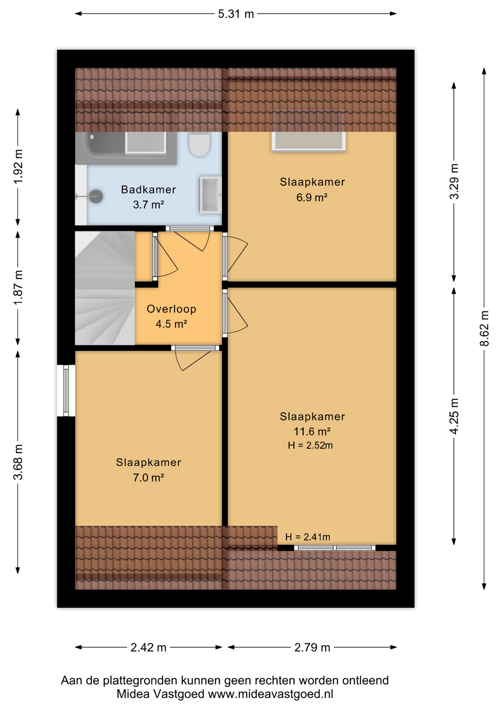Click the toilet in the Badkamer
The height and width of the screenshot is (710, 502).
click(200, 144)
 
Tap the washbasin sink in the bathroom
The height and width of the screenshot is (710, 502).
click(210, 195)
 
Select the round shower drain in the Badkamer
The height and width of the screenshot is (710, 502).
click(96, 196)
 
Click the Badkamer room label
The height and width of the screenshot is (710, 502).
click(148, 189)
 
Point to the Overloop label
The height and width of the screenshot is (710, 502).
click(171, 309)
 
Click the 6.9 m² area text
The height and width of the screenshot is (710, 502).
click(312, 197)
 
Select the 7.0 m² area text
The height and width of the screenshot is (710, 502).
click(148, 477)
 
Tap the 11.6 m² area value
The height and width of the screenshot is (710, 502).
click(312, 431)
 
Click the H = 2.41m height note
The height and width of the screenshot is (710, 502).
click(308, 537)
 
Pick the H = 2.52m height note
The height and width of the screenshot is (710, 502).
click(310, 445)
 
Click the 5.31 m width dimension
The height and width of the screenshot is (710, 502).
click(236, 14)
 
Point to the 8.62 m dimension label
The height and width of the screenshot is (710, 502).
click(484, 328)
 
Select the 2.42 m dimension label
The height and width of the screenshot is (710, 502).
click(148, 648)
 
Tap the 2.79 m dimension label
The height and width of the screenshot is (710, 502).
click(312, 648)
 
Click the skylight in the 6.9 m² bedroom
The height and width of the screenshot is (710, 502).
click(309, 141)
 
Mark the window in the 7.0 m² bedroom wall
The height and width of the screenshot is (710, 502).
click(66, 390)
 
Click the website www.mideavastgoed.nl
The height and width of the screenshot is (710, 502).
click(271, 694)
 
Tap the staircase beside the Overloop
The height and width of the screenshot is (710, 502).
click(105, 288)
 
